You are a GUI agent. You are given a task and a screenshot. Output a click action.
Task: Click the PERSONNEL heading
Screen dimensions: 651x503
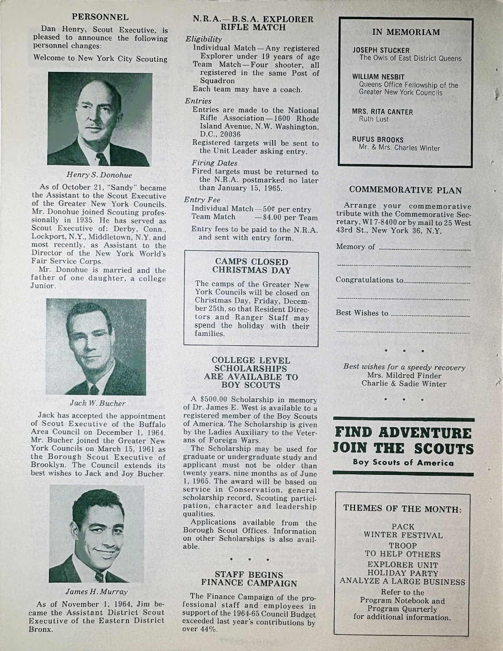pos(100,17)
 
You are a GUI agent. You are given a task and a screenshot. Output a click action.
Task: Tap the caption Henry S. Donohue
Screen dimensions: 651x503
pos(99,175)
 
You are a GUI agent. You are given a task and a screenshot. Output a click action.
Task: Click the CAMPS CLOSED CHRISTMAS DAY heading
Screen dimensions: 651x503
pos(252,266)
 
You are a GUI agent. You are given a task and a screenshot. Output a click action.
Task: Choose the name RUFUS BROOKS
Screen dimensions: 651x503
pos(378,140)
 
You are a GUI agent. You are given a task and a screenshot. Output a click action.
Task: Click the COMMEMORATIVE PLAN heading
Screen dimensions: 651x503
pos(405,190)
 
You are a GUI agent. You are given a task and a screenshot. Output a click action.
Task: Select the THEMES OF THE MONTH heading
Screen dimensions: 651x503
pos(402,508)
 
